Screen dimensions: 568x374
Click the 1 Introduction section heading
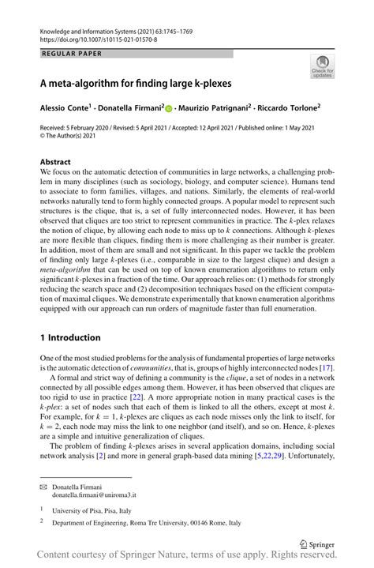(70, 337)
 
